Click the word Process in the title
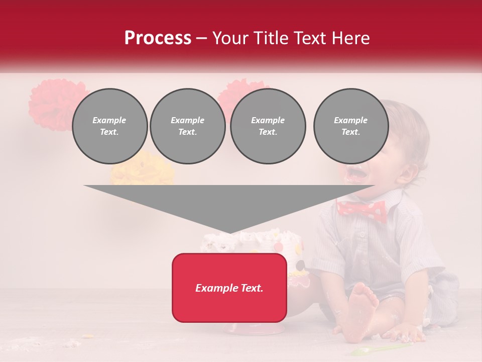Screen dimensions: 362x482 click(x=158, y=38)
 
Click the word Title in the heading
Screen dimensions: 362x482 click(x=269, y=38)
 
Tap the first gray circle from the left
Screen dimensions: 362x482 click(x=109, y=126)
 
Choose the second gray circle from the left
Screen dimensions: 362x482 click(x=187, y=126)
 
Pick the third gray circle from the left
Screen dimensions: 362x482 click(x=268, y=126)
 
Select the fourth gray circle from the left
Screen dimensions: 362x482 click(x=350, y=126)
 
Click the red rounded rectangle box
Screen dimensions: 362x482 click(x=229, y=288)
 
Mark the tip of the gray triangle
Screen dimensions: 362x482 click(x=229, y=232)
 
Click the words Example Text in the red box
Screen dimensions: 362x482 click(x=229, y=288)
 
